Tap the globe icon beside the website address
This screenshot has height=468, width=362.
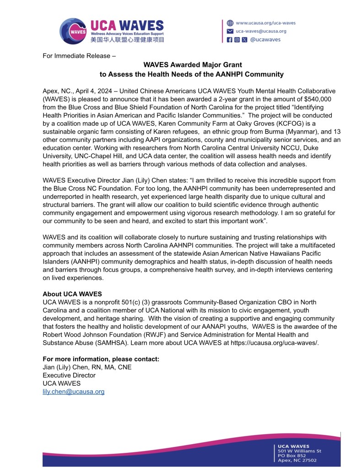(230, 23)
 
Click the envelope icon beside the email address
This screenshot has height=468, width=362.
(230, 31)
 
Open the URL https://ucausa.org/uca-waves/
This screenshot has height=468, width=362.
(275, 343)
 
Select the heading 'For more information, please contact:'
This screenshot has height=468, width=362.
(101, 359)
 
